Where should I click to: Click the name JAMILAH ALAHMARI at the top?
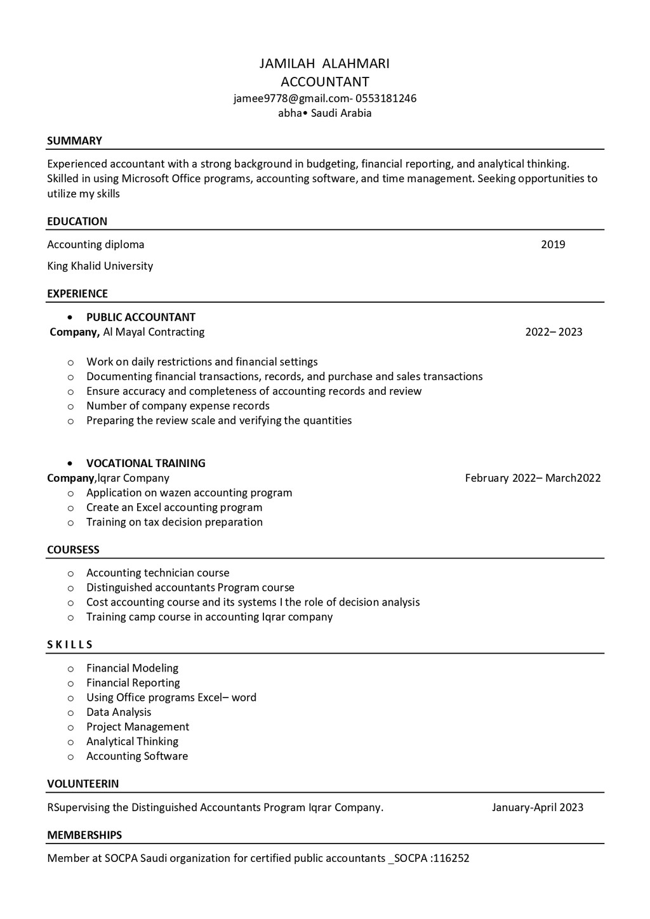coord(324,63)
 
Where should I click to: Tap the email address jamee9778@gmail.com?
coord(291,98)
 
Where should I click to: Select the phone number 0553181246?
coord(386,98)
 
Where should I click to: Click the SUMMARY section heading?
coord(74,141)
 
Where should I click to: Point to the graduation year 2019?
coord(553,244)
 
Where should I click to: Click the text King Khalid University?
coord(100,266)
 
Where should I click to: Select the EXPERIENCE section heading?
coord(77,294)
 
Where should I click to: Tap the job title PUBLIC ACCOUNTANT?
coord(141,317)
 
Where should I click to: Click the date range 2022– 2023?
coord(554,332)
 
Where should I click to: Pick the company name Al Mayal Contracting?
coord(154,332)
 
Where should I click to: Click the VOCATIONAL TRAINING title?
coord(146,463)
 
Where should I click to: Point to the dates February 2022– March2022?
coord(533,478)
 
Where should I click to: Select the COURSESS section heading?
coord(73,550)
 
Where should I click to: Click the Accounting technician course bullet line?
coord(157,573)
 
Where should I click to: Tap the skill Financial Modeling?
coord(132,668)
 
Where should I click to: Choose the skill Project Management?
coord(138,727)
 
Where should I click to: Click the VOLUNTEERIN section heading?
coord(83,784)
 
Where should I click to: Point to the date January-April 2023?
coord(537,807)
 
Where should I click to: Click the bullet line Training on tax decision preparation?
coord(175,522)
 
